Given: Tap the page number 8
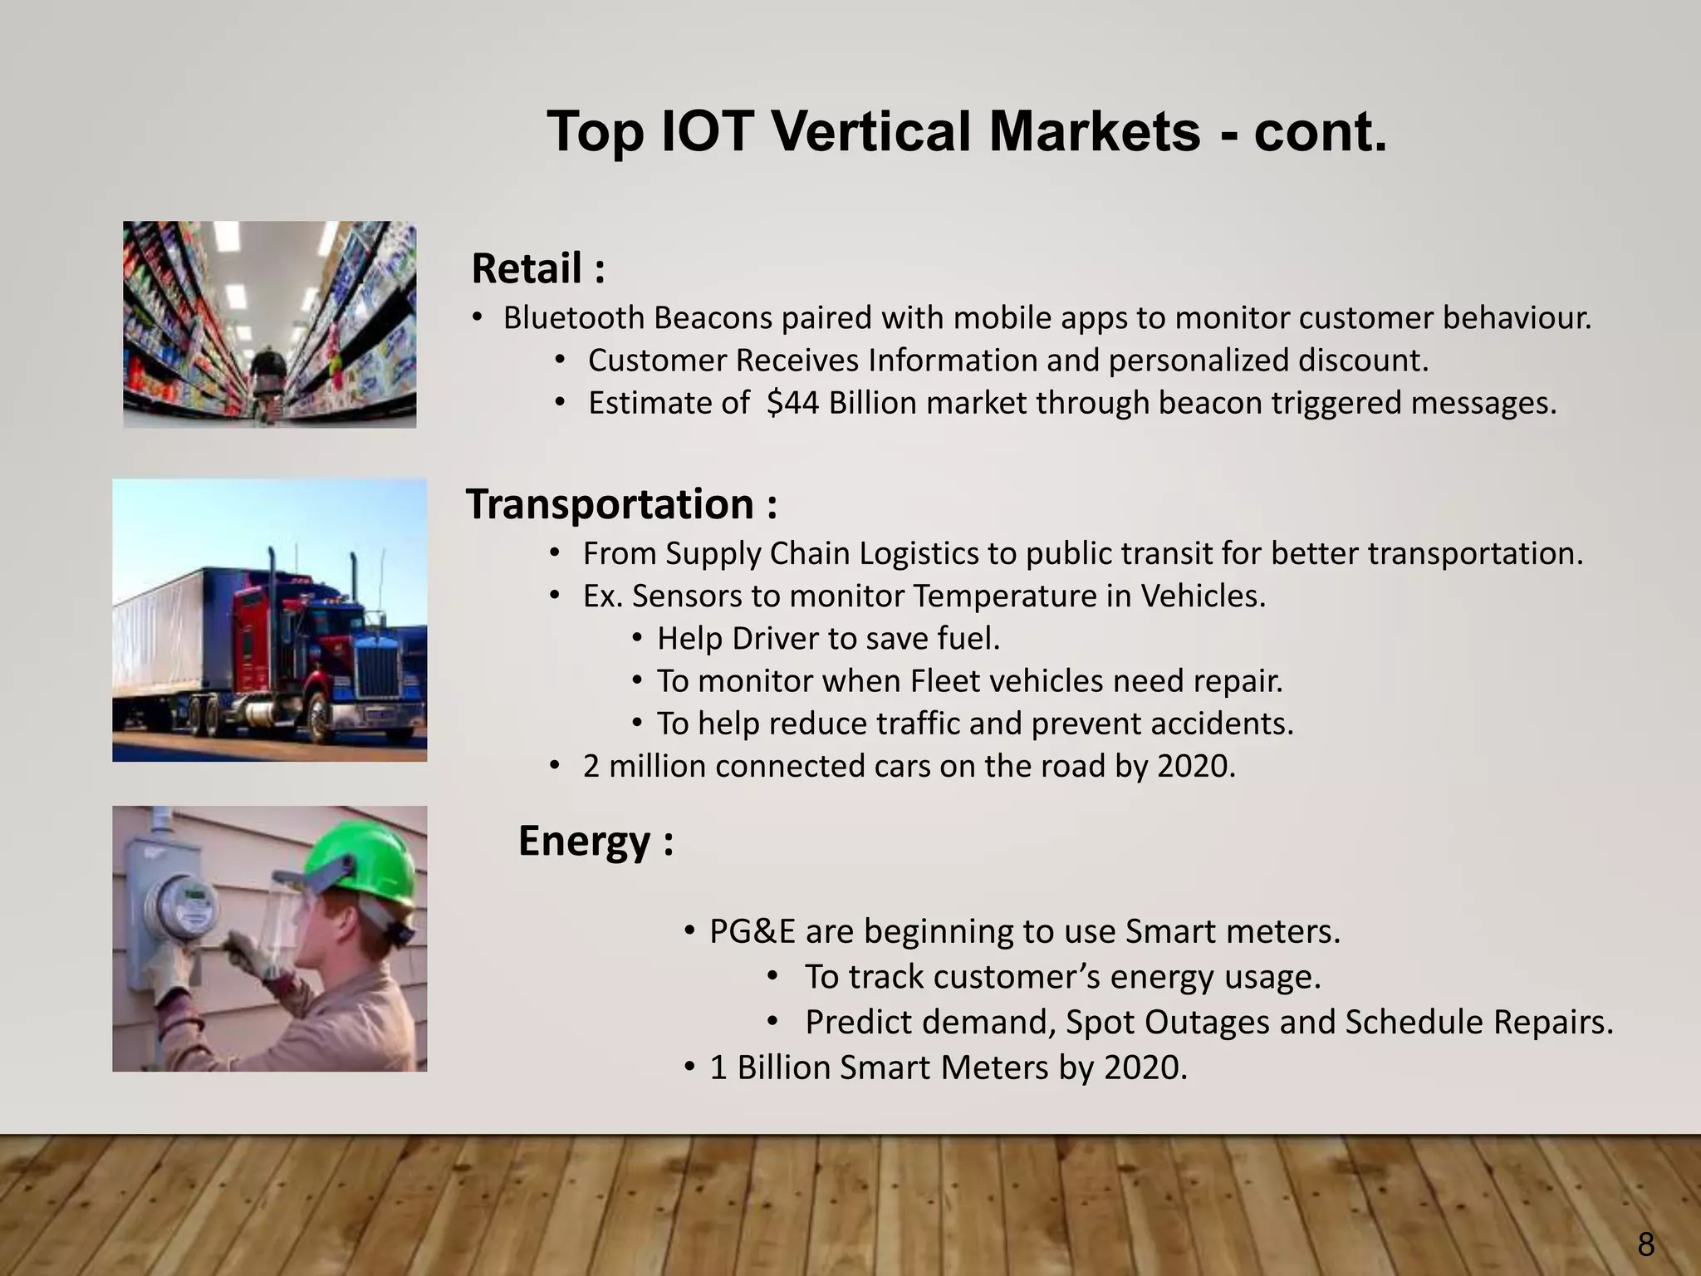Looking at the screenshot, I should [1645, 1245].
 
